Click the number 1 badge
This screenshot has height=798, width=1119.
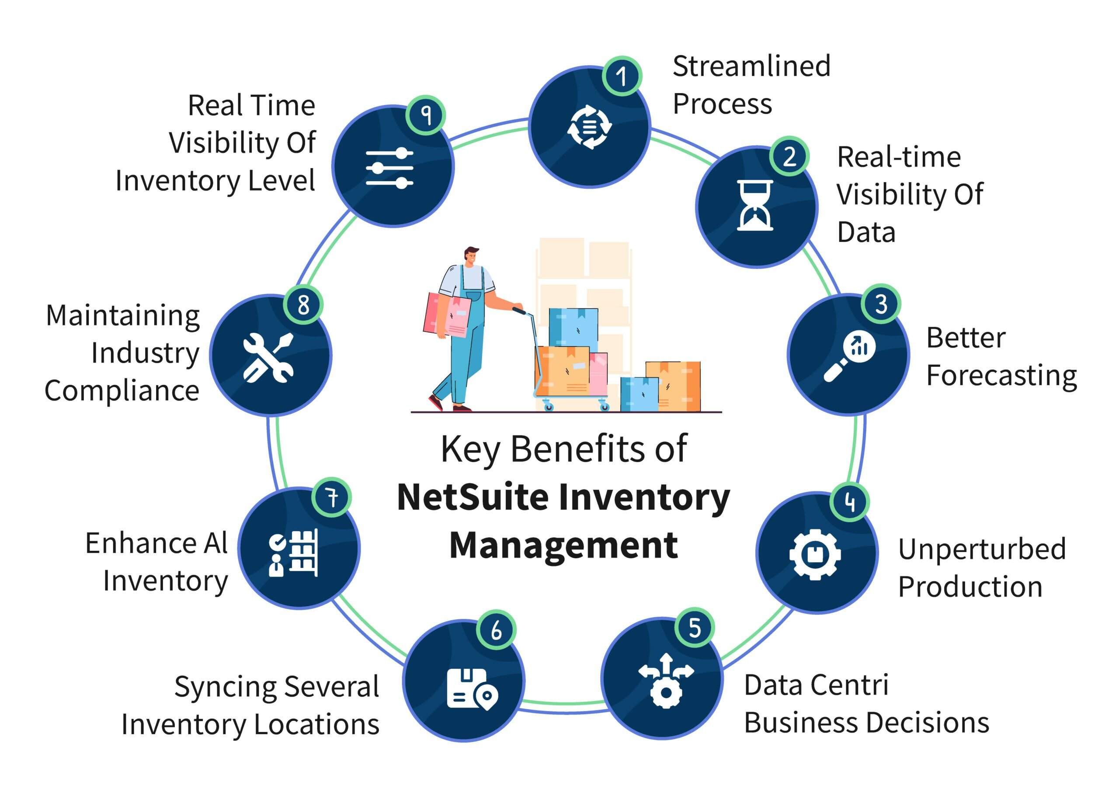click(622, 76)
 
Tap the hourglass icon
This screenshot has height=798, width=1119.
click(755, 205)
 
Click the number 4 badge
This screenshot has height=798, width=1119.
click(850, 502)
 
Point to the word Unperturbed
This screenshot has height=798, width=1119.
click(982, 549)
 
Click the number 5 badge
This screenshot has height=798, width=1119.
click(694, 628)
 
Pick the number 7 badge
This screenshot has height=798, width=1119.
click(332, 497)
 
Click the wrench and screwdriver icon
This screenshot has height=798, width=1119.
click(268, 358)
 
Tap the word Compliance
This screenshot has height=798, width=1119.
click(122, 391)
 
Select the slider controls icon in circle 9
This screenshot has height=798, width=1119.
click(389, 168)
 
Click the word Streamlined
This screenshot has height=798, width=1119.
click(751, 66)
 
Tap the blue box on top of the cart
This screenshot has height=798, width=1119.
click(573, 327)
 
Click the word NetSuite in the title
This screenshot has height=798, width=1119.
click(472, 497)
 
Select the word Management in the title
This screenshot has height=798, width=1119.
click(563, 546)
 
